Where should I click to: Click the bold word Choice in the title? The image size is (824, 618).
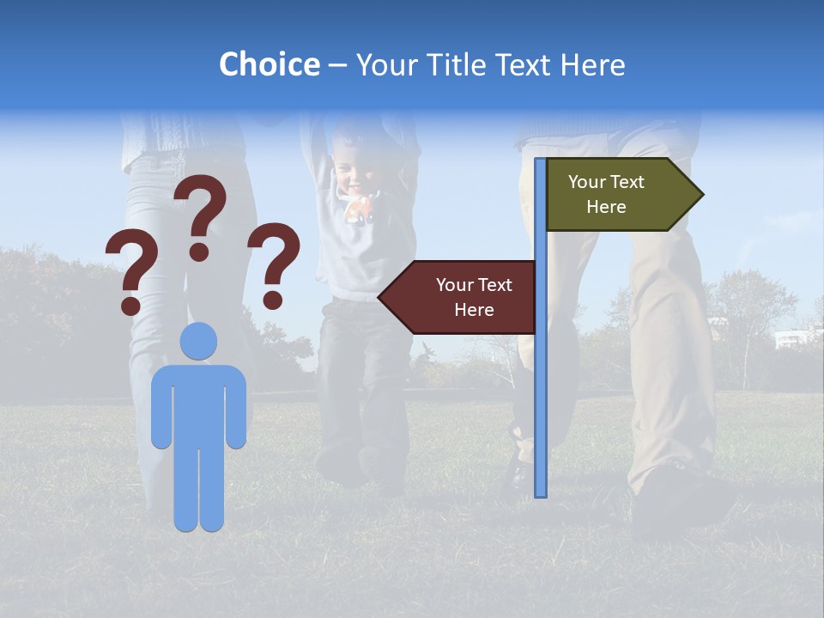[x=269, y=64]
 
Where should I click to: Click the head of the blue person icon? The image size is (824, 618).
[x=198, y=341]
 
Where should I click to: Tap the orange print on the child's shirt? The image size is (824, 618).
[x=360, y=209]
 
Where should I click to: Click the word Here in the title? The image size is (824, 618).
[x=593, y=64]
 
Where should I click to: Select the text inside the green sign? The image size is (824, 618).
[x=606, y=194]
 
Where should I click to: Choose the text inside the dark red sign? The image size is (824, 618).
[x=473, y=297]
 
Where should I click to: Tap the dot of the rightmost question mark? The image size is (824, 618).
[x=273, y=300]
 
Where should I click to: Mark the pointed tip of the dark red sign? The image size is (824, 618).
[x=381, y=297]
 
